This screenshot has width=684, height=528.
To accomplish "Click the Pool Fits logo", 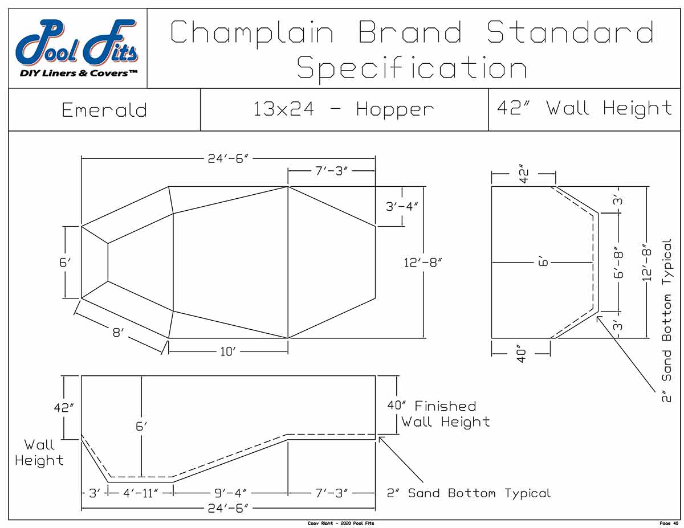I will tap(77, 48).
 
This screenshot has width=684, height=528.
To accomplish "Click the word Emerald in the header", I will tap(104, 110).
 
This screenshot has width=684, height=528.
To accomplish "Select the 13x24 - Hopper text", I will tap(344, 109).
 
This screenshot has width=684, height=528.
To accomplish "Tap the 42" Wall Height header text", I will tap(585, 108).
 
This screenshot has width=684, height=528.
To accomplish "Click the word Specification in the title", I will tap(412, 69).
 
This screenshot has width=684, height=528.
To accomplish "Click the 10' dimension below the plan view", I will tap(227, 352).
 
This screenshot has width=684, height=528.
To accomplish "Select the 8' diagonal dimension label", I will tap(118, 332).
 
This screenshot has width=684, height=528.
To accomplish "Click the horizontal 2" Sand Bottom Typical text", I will tap(469, 493).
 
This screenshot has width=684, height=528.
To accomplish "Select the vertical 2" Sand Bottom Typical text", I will tap(667, 319).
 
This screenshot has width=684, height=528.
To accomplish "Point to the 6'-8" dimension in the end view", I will tap(619, 262).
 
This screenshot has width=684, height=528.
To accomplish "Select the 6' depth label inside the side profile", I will tap(141, 427).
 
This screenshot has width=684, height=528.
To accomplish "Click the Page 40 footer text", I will tap(667, 523).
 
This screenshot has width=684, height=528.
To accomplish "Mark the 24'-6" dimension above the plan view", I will tap(227, 158).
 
